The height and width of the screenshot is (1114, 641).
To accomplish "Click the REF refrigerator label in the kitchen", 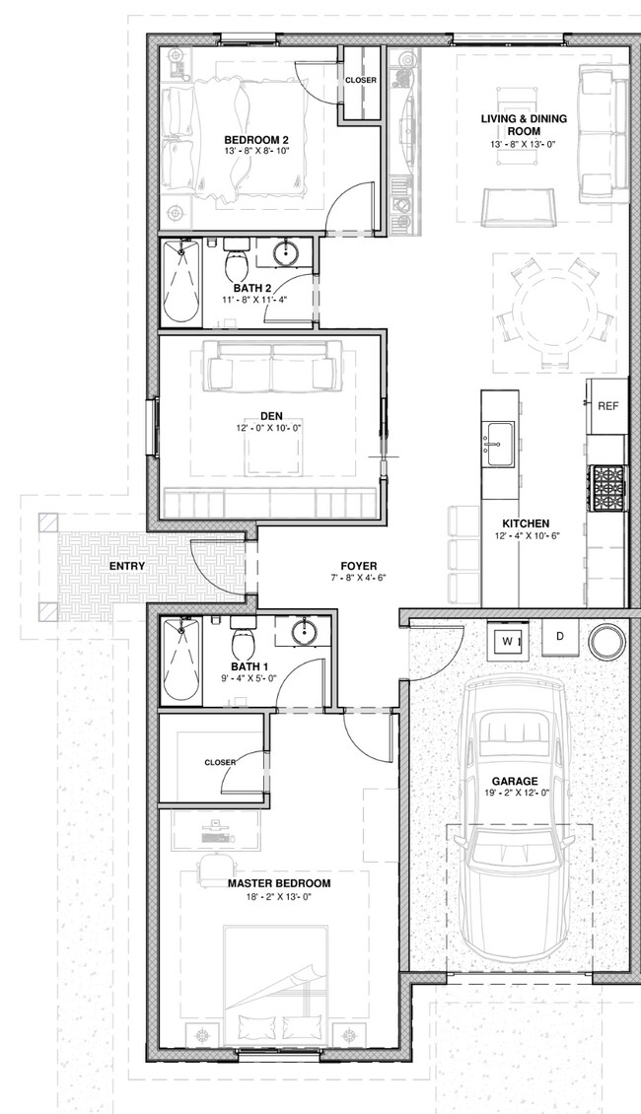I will [x=607, y=406].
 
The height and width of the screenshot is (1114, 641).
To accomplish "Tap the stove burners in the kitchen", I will [x=607, y=485].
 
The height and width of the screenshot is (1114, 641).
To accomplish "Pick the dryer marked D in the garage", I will [x=559, y=637].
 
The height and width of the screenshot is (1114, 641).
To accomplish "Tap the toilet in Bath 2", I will [x=237, y=264].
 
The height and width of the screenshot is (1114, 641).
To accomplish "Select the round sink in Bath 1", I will [x=301, y=632].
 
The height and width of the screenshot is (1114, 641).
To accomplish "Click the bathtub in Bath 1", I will [x=180, y=660].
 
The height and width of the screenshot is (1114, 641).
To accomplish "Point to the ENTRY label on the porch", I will [x=128, y=566].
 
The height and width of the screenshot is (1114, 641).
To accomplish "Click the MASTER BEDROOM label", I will [x=279, y=883].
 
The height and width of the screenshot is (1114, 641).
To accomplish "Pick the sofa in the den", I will [x=271, y=366].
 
